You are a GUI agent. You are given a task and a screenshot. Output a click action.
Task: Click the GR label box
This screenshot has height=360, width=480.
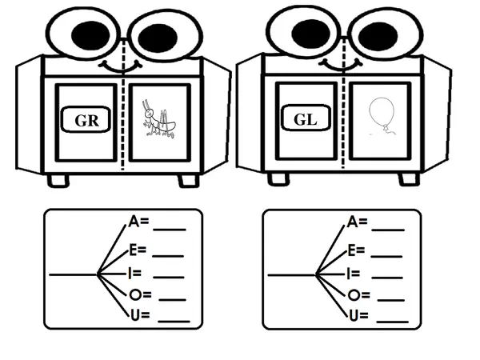point(86,119)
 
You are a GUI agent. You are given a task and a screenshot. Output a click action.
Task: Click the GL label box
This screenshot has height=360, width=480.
point(306,118)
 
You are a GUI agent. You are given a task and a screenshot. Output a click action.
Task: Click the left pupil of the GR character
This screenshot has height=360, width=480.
point(90,35)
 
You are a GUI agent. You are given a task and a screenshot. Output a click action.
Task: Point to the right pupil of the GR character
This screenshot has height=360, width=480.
point(158,38)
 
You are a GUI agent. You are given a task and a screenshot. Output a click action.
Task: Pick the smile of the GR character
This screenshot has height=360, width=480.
point(120,69)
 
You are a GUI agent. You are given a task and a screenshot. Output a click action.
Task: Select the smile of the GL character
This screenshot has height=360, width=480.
point(341,67)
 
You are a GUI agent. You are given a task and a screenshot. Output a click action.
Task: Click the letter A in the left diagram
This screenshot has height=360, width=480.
point(134,222)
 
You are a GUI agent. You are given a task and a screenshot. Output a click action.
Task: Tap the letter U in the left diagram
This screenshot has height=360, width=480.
point(135,315)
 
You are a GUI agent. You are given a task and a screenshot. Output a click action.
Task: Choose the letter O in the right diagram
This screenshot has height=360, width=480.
point(354,295)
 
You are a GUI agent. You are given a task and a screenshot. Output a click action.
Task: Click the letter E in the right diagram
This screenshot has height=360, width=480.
point(352,250)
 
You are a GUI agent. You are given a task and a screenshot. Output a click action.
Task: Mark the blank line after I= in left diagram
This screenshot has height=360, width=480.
point(169,278)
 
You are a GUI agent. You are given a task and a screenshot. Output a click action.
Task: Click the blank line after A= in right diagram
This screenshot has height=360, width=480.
point(388,230)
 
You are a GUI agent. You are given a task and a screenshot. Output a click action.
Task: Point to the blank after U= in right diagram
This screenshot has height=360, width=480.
point(393,322)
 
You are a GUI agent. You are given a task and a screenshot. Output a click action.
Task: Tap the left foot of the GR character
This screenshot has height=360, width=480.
point(58,180)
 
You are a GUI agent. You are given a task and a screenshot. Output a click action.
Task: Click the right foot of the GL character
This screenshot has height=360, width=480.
point(409,179)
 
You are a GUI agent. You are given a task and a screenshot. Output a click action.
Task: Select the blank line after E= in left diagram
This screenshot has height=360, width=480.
point(168,256)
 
